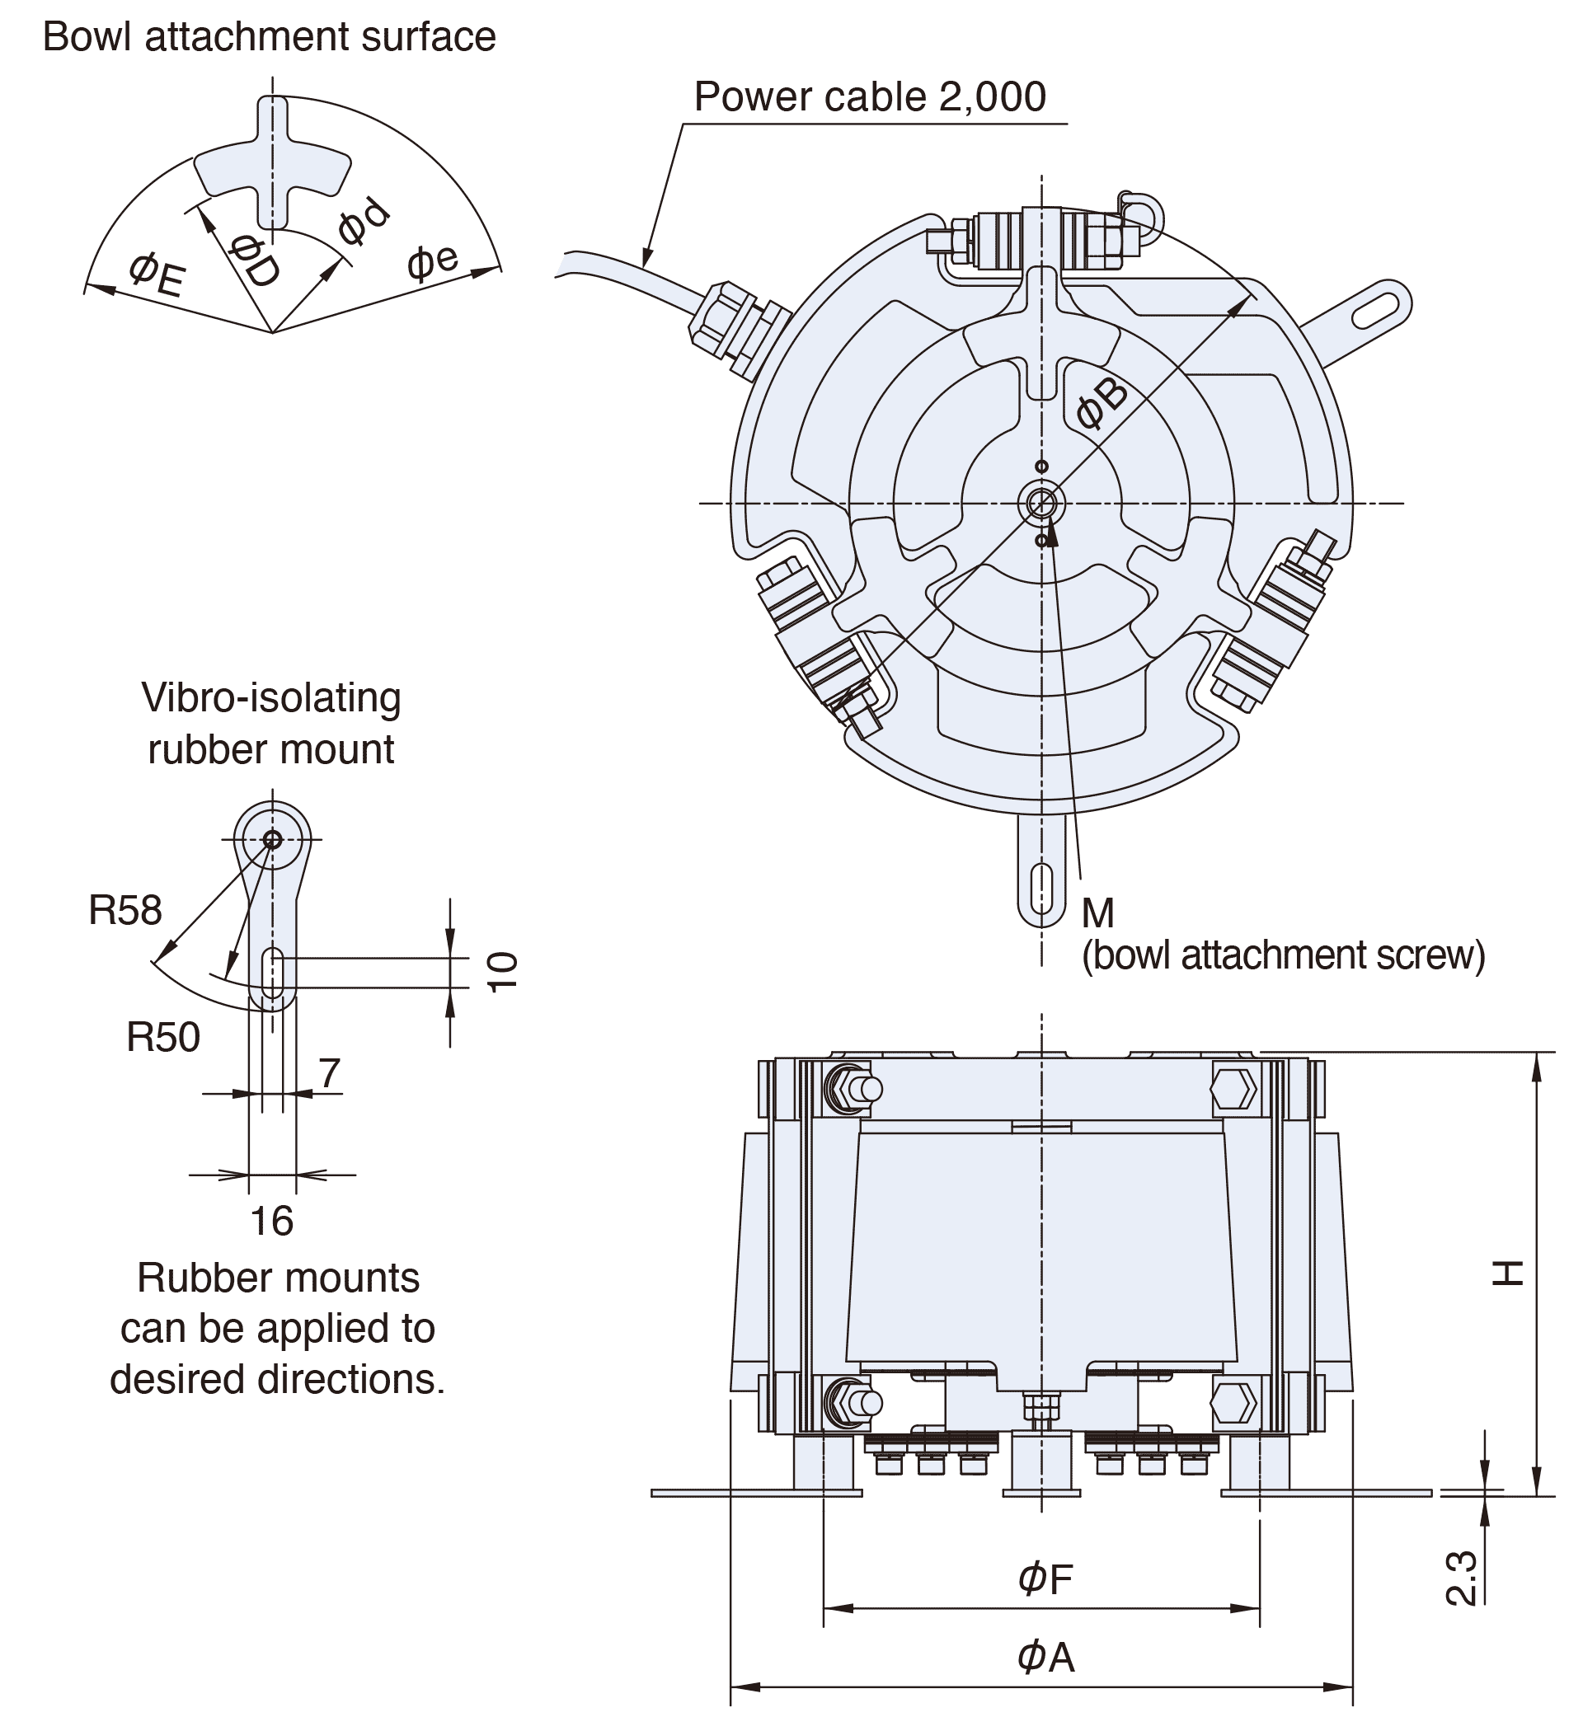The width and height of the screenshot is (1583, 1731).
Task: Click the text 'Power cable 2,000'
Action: click(x=869, y=96)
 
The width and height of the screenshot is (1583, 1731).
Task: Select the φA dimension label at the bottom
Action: click(x=1045, y=1656)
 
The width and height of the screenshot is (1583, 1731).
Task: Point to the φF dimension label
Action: click(x=1045, y=1579)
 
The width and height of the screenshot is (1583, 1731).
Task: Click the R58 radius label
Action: click(x=125, y=910)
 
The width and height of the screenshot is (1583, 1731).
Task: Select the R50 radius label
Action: click(x=163, y=1037)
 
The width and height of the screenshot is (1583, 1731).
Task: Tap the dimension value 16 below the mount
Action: click(x=271, y=1221)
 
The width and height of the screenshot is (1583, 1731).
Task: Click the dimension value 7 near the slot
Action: click(x=329, y=1072)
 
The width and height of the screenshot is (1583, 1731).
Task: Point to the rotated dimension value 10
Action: click(x=503, y=972)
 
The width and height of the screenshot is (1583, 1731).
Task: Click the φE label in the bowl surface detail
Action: click(x=157, y=275)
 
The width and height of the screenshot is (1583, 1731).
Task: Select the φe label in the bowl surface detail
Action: click(x=433, y=261)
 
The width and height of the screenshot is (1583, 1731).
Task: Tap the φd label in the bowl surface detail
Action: click(x=364, y=221)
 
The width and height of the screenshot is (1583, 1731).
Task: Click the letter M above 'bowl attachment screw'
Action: click(x=1097, y=912)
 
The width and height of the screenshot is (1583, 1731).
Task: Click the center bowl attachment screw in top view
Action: click(x=1041, y=504)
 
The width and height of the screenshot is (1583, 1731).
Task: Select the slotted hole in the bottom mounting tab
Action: click(x=1041, y=888)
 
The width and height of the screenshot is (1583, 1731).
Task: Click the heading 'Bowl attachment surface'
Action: click(x=269, y=37)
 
